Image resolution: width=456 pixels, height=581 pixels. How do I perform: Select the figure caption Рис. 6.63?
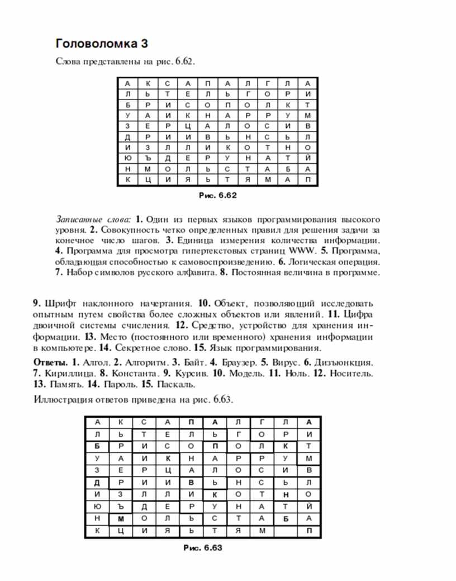click(203, 548)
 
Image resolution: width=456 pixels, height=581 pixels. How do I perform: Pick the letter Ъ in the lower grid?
click(120, 506)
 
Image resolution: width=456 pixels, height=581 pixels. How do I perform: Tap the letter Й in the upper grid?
click(308, 157)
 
